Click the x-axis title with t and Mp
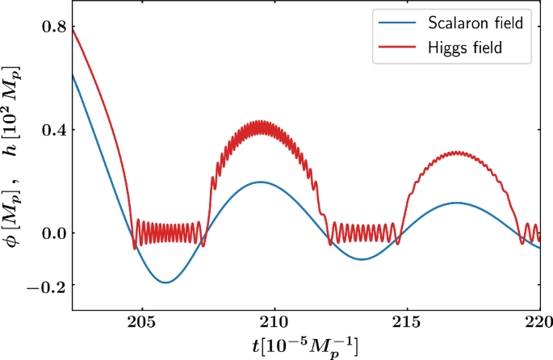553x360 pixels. pyautogui.click(x=306, y=347)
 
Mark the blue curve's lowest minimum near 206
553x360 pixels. pyautogui.click(x=165, y=283)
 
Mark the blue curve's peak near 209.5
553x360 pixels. pyautogui.click(x=261, y=182)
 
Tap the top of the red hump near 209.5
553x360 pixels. pyautogui.click(x=260, y=122)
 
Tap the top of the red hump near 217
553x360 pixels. pyautogui.click(x=457, y=152)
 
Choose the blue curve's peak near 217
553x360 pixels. pyautogui.click(x=457, y=203)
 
